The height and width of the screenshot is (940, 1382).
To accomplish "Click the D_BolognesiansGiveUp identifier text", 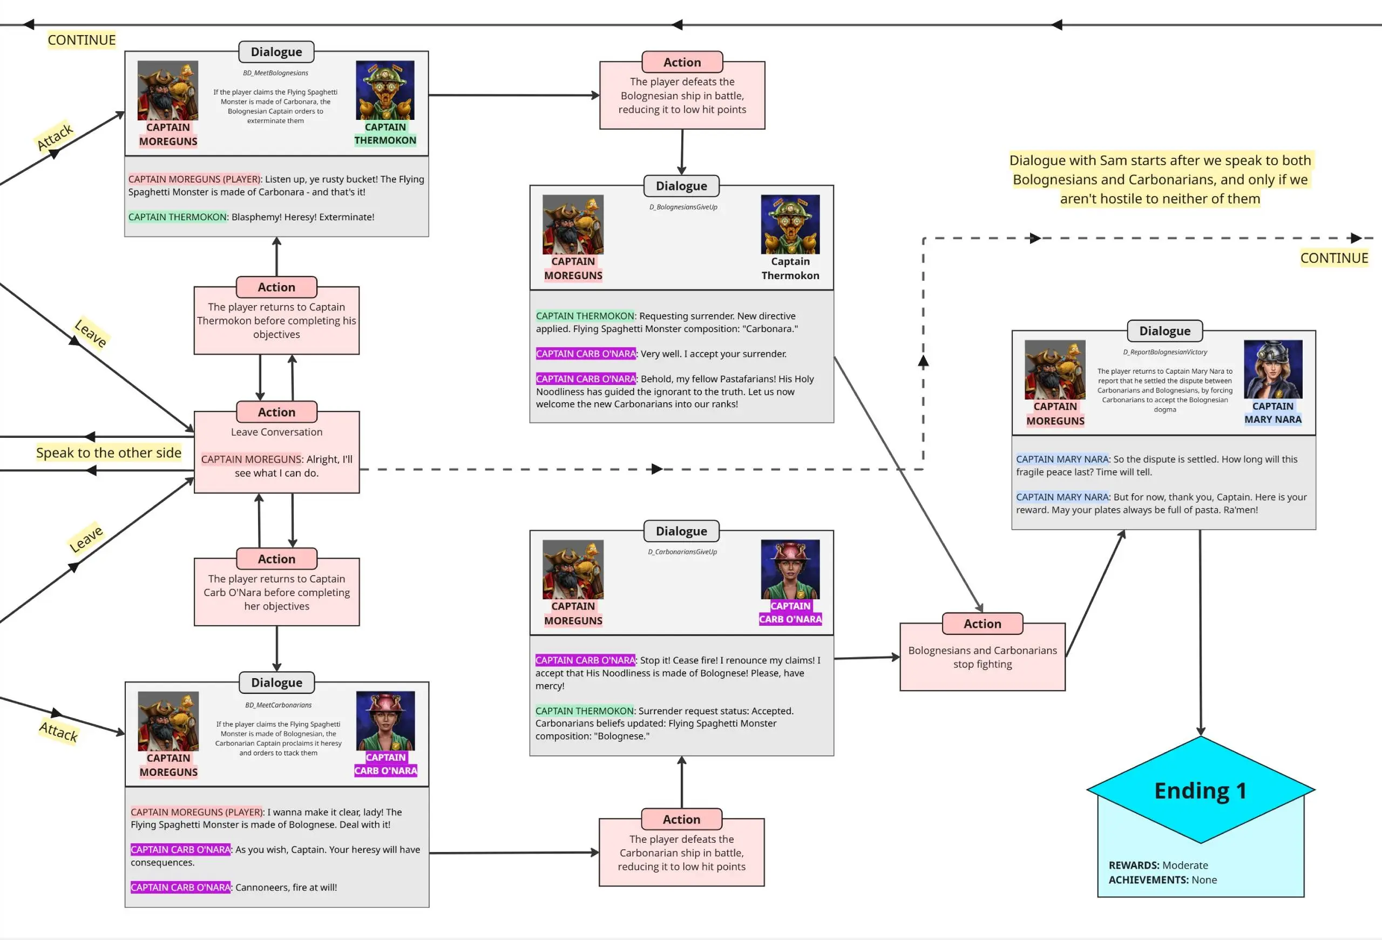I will click(683, 207).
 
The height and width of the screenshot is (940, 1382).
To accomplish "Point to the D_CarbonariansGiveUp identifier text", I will click(682, 552).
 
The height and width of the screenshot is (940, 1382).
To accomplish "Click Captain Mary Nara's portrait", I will click(1272, 369).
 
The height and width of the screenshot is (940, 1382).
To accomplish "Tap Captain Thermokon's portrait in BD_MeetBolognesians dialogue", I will click(385, 90).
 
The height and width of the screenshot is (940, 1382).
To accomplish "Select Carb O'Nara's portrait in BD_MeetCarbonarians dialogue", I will click(385, 721).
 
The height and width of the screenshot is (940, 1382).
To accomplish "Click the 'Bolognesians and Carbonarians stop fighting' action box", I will click(983, 657).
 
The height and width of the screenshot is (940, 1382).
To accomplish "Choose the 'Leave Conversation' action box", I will click(276, 452).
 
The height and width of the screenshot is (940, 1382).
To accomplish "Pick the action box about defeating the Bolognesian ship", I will click(682, 95).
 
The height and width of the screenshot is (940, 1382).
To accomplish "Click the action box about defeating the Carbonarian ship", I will click(681, 852).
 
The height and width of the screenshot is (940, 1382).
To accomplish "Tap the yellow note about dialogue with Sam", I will click(1160, 180).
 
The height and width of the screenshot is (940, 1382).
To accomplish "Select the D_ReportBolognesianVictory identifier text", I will click(1164, 352).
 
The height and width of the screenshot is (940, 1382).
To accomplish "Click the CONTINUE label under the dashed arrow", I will click(1334, 258).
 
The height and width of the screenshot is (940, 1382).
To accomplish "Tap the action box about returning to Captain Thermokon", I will click(276, 321).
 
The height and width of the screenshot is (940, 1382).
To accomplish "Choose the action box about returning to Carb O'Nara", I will click(276, 592).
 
